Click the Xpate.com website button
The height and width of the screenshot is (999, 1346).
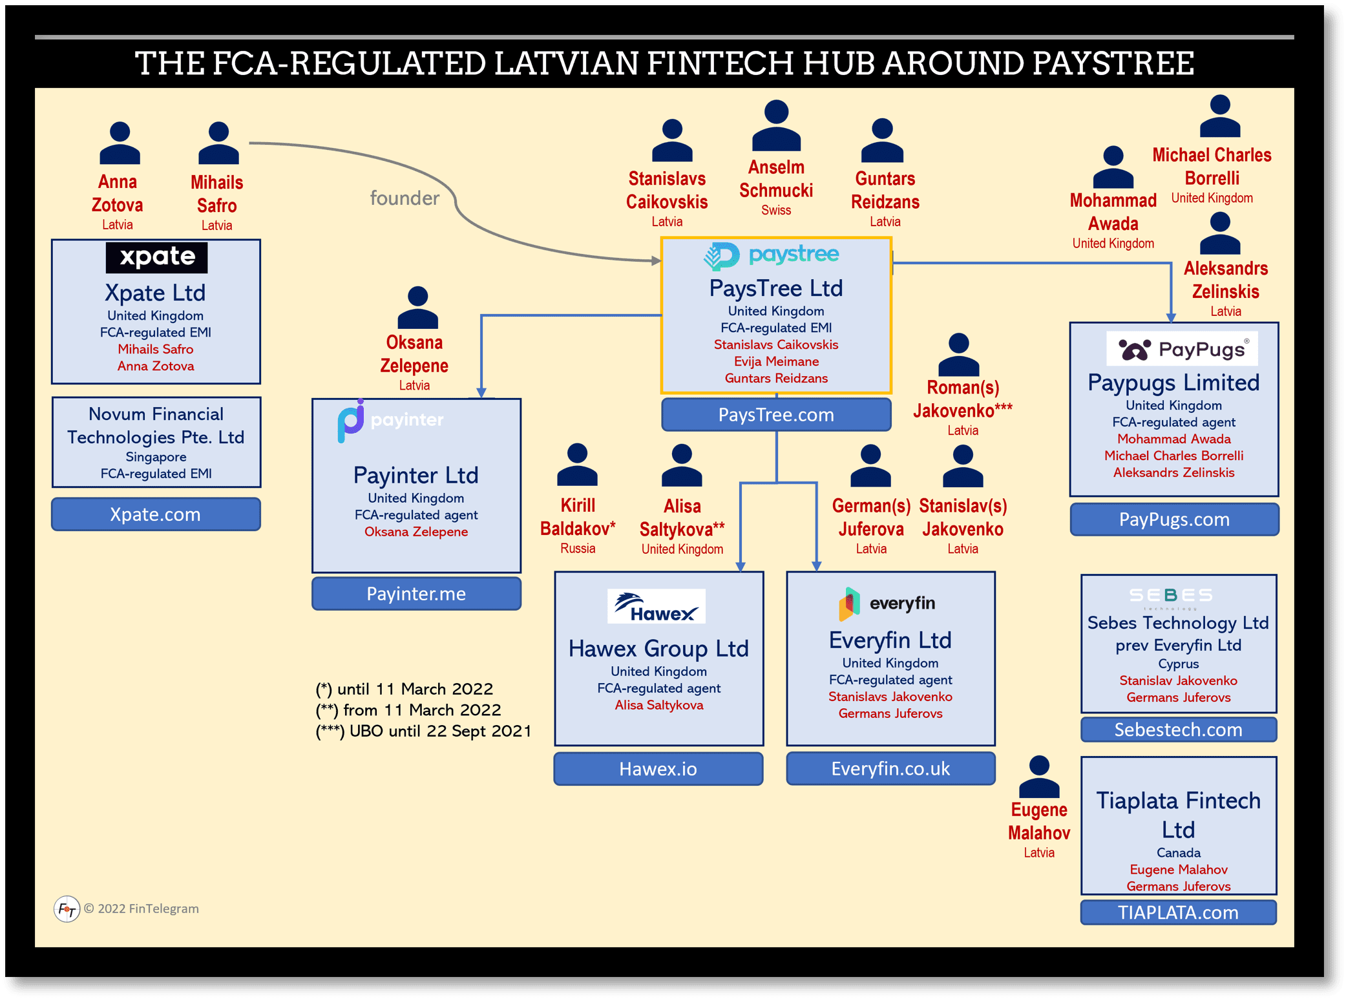156,514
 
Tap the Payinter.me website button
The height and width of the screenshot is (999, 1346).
416,594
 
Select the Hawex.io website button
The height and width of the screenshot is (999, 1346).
658,769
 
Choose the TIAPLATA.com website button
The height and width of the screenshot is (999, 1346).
1178,912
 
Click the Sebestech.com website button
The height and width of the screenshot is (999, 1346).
1178,730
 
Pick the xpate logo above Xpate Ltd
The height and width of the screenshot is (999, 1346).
157,257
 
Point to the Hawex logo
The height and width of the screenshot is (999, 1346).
656,607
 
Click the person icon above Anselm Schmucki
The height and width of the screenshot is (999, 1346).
776,125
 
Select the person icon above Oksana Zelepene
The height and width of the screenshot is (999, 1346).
417,307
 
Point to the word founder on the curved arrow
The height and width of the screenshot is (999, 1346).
405,198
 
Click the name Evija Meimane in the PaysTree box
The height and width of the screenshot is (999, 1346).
776,361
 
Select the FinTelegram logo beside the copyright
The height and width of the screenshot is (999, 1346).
67,909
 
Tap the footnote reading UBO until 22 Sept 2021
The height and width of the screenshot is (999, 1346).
424,731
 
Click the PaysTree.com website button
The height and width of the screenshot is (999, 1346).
776,415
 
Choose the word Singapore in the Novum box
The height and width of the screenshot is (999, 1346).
156,457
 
